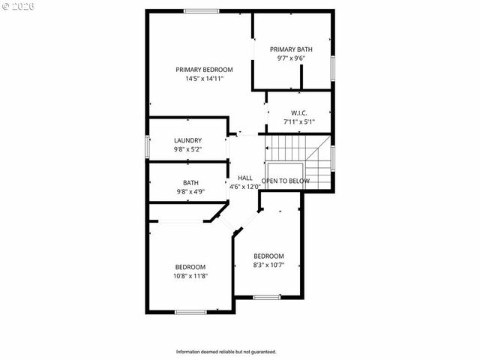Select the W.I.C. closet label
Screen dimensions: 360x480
[x=299, y=112]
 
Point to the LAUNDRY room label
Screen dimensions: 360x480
[x=187, y=140]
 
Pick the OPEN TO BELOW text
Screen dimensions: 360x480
[x=286, y=181]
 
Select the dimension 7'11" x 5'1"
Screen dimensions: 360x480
[x=299, y=121]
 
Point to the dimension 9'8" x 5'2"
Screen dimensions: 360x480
[x=187, y=149]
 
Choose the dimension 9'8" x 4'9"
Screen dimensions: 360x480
[x=190, y=191]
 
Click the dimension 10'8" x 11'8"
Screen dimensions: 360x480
[x=190, y=275]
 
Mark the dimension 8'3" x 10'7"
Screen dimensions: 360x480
[x=268, y=264]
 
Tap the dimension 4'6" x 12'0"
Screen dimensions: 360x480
[x=244, y=187]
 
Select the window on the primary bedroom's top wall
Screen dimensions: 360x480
[x=202, y=10]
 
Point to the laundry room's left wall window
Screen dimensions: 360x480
[x=148, y=145]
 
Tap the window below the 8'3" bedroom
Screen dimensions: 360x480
[x=266, y=298]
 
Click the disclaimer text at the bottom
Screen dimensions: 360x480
[x=226, y=352]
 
